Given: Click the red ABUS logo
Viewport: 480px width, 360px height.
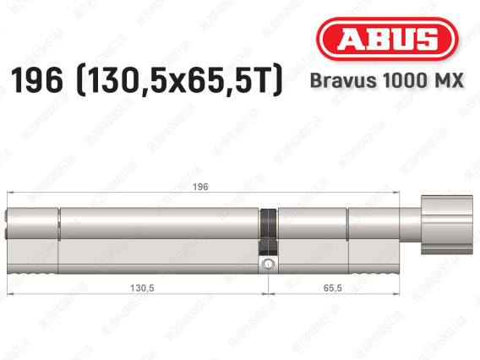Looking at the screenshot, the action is tap(387, 39).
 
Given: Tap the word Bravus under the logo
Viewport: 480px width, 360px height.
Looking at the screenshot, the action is tap(343, 80).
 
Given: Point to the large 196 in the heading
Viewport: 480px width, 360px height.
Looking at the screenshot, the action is tap(36, 80).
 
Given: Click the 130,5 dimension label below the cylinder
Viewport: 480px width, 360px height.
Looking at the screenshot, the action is tap(142, 288).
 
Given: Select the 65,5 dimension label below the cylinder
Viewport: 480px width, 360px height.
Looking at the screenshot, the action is tap(332, 288).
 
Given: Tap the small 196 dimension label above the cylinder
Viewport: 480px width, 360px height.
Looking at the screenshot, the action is tap(200, 187).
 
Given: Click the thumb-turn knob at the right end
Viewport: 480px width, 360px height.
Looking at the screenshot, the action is tap(447, 225).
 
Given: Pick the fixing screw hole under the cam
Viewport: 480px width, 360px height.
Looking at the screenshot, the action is tap(268, 264).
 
